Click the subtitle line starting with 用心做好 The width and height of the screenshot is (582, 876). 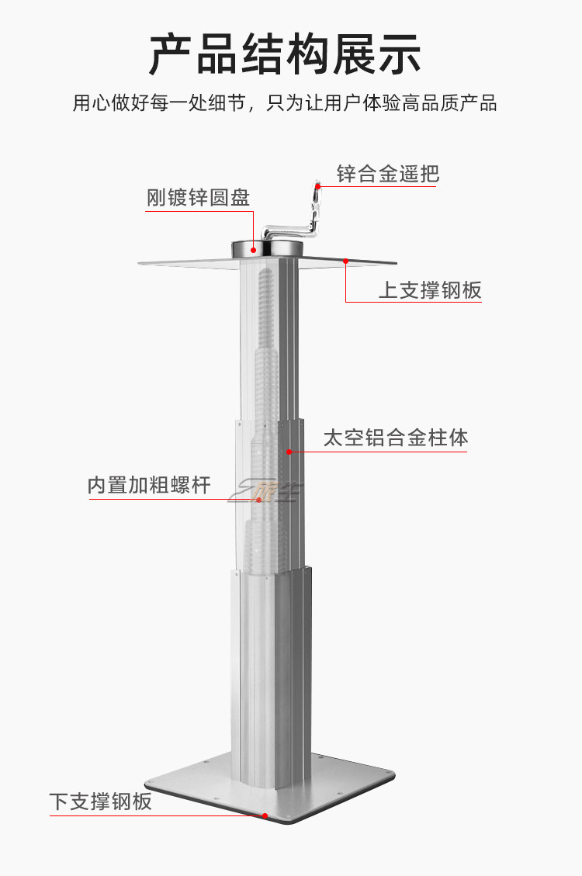click(285, 103)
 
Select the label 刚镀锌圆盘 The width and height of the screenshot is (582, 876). click(199, 198)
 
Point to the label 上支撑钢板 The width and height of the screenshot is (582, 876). click(430, 290)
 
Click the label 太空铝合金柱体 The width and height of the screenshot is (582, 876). click(396, 438)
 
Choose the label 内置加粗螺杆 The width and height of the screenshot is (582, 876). click(149, 486)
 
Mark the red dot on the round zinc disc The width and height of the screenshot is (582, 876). click(253, 248)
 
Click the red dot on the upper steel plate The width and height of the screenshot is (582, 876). click(346, 261)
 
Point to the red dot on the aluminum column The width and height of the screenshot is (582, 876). click(289, 451)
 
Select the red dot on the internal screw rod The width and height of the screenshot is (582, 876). click(259, 500)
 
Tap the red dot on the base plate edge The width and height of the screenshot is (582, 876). click(265, 815)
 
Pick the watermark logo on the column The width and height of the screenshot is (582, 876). click(268, 489)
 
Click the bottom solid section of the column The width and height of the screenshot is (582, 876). click(272, 667)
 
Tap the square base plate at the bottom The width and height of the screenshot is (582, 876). click(341, 784)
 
